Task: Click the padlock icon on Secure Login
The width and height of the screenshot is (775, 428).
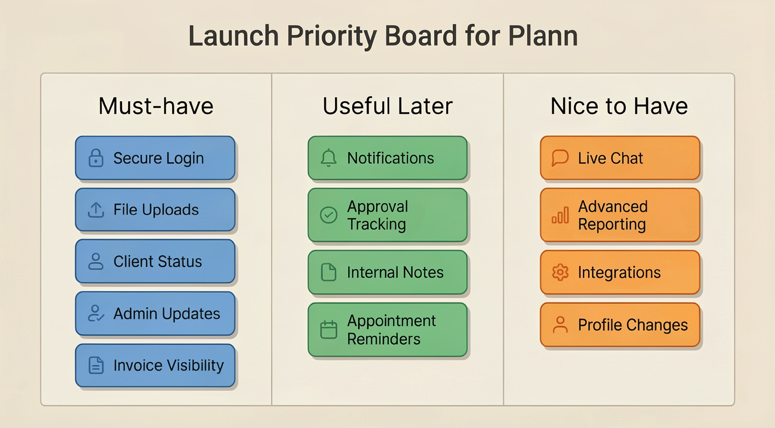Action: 96,158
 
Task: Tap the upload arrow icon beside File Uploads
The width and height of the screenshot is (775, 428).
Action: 96,210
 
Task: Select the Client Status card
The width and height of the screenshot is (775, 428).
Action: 155,262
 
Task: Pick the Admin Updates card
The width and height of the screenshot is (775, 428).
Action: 155,314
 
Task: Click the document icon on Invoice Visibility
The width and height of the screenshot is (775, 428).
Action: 96,365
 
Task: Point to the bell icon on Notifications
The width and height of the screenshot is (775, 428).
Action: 329,158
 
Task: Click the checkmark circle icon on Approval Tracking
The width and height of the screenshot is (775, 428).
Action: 329,215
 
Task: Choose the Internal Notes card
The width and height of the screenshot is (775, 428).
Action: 387,273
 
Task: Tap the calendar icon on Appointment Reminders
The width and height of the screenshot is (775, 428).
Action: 329,330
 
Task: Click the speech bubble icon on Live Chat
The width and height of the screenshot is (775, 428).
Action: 560,158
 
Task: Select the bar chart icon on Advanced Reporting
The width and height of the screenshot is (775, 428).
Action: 560,215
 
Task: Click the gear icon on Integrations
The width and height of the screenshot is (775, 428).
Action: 560,273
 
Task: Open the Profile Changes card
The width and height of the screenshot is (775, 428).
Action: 620,325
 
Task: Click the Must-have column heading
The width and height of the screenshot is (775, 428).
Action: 156,106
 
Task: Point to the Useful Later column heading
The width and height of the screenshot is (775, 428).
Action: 387,106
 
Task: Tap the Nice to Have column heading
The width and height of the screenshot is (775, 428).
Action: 619,106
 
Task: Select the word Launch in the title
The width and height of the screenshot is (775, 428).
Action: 234,36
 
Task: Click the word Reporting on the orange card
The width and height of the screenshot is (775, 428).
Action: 612,224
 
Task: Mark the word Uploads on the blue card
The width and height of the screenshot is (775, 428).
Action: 170,210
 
